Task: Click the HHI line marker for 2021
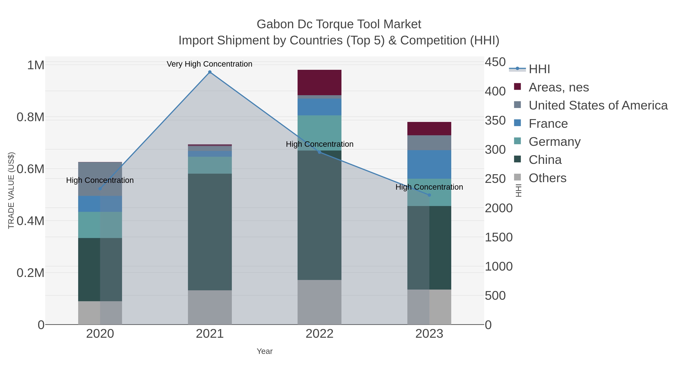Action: (210, 72)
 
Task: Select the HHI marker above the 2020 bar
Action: (100, 189)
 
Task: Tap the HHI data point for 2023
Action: (429, 195)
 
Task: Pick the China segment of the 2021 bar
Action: (210, 232)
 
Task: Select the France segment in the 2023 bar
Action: (429, 164)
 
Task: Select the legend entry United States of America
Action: (598, 105)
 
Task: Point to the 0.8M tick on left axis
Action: (30, 117)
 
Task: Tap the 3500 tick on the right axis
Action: (495, 121)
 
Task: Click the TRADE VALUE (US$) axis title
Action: (11, 190)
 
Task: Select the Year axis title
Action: (265, 351)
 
